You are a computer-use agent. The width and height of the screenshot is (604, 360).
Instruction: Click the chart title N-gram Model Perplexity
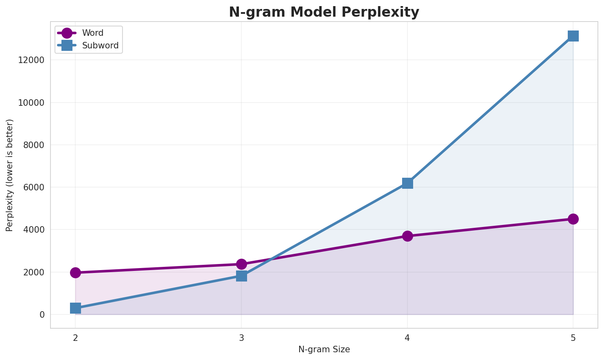click(x=324, y=12)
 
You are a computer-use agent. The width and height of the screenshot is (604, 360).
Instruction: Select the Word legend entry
click(x=92, y=33)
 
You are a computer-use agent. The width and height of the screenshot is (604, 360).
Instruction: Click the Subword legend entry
click(x=100, y=46)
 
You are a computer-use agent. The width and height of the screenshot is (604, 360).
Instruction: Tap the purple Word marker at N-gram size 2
click(x=75, y=273)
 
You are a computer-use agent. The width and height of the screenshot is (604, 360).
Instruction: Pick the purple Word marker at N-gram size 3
click(x=241, y=264)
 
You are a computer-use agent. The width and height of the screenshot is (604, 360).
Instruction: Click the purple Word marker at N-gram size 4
click(x=407, y=236)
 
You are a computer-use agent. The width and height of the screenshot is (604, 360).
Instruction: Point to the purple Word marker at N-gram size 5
click(x=573, y=219)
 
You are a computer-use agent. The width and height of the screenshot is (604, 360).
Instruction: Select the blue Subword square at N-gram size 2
click(x=75, y=308)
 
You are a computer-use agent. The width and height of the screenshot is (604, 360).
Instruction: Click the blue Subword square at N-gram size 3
click(x=241, y=276)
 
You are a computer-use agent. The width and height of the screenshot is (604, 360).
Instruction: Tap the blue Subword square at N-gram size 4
click(x=407, y=183)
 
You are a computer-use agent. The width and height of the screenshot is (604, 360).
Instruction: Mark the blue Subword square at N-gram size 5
click(x=573, y=36)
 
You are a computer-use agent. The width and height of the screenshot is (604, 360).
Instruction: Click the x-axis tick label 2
click(x=75, y=338)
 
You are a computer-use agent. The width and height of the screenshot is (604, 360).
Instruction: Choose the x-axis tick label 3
click(x=241, y=338)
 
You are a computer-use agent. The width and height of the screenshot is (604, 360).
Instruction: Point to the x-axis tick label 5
click(x=573, y=338)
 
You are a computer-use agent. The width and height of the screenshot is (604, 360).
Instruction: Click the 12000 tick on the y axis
click(x=31, y=60)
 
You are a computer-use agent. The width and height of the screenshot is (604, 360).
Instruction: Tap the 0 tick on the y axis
click(x=42, y=315)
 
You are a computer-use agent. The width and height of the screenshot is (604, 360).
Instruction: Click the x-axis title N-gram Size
click(x=324, y=349)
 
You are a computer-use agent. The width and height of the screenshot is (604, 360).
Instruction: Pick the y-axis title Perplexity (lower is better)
click(x=10, y=175)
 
